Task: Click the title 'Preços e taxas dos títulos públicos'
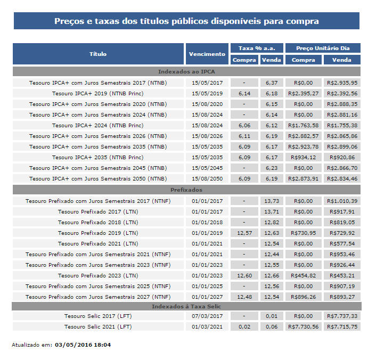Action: [186, 21]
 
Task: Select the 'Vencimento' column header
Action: [207, 54]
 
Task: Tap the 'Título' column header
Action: [98, 54]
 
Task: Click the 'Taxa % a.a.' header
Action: [257, 48]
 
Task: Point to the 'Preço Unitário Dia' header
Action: [323, 48]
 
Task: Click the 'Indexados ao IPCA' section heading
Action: [186, 71]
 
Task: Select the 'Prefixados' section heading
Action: [186, 190]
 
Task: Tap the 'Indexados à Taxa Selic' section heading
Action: [186, 306]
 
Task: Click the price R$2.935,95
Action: [341, 83]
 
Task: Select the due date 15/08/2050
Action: [207, 178]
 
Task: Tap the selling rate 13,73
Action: [272, 201]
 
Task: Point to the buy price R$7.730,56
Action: [303, 326]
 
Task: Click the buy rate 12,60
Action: [244, 275]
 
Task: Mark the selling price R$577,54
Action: [341, 243]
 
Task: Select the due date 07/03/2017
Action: [207, 316]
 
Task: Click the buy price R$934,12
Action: [303, 157]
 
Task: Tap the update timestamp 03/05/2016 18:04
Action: [83, 345]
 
